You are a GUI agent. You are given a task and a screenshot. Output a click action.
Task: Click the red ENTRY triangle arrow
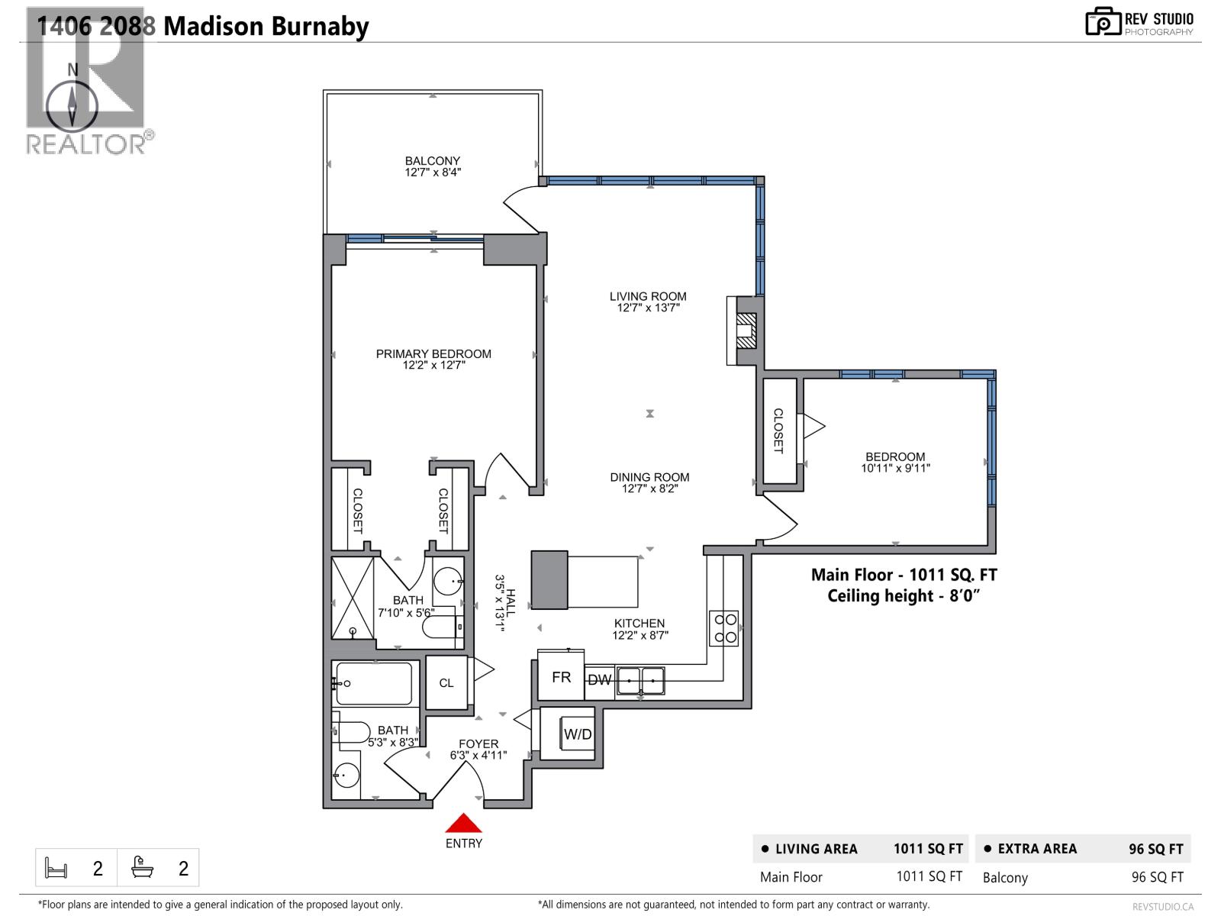(x=463, y=824)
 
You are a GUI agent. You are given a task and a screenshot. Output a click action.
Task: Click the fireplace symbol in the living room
(x=746, y=331)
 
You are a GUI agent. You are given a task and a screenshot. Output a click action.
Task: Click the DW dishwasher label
(x=600, y=679)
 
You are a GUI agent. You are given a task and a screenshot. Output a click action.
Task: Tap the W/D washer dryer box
(x=577, y=734)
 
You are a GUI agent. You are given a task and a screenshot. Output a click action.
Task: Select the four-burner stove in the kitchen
(x=724, y=628)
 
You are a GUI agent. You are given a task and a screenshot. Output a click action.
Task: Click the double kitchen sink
(x=641, y=679)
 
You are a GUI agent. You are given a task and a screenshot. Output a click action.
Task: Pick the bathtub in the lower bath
(x=374, y=683)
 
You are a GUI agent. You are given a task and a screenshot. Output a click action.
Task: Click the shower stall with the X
(x=353, y=598)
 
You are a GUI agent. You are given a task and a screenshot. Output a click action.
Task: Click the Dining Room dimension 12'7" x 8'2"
(x=649, y=489)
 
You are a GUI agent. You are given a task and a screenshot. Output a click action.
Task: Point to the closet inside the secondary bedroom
(x=779, y=431)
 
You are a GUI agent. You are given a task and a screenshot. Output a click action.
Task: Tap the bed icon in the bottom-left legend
(x=56, y=868)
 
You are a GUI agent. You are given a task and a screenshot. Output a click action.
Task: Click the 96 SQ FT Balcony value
(x=1157, y=877)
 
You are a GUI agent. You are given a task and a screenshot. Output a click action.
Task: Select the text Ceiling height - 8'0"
(x=903, y=596)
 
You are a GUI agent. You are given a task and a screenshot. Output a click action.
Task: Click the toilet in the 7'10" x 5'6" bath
(x=441, y=627)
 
